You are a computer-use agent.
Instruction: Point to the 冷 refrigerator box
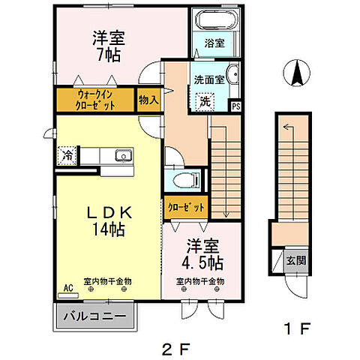[x=65, y=157]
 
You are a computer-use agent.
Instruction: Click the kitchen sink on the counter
[x=122, y=156]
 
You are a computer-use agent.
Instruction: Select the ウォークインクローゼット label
[x=96, y=100]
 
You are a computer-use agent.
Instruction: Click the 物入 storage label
[x=148, y=100]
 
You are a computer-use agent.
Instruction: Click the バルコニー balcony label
[x=95, y=315]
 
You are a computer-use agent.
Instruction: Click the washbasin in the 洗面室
[x=232, y=75]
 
